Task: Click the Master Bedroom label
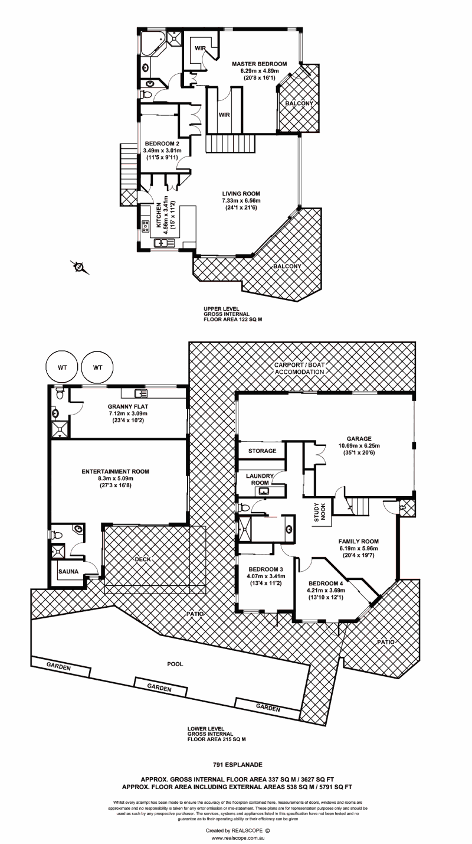[x=259, y=64]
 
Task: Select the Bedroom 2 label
[x=162, y=143]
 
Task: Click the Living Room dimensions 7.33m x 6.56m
[x=241, y=201]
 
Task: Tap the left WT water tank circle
[x=62, y=367]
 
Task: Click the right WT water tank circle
[x=98, y=367]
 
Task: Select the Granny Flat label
[x=123, y=406]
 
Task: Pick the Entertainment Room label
[x=115, y=471]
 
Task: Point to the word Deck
[x=143, y=559]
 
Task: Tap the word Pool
[x=175, y=663]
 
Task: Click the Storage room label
[x=262, y=451]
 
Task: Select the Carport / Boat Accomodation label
[x=299, y=369]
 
